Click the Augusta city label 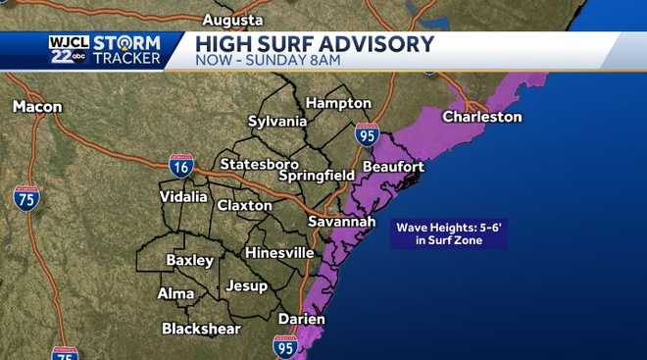tap(232, 20)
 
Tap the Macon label tap(37, 106)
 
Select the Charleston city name tap(482, 117)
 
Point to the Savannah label tap(342, 223)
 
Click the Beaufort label tap(393, 167)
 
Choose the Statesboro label tap(259, 163)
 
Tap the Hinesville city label tap(279, 252)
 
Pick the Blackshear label tap(201, 328)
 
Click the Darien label tap(302, 319)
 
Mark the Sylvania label tap(277, 121)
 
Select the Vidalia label tap(183, 196)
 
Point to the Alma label tap(175, 293)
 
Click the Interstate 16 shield tap(180, 166)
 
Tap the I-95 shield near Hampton tap(367, 134)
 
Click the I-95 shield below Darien tap(286, 345)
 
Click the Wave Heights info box tap(449, 233)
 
